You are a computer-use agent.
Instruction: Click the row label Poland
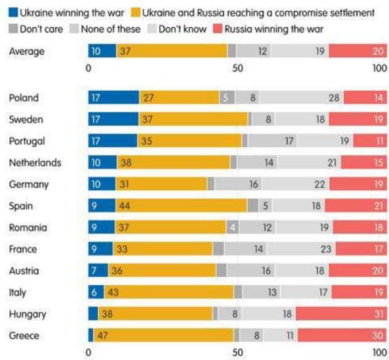[23, 98]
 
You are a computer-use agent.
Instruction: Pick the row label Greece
[24, 336]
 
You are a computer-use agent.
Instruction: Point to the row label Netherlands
[35, 163]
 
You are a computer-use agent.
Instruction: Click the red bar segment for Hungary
[341, 314]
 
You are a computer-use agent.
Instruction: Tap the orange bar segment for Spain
[181, 206]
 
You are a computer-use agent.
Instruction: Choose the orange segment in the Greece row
[163, 335]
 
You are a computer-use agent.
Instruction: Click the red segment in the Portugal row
[370, 141]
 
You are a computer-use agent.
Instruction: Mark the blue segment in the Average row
[102, 52]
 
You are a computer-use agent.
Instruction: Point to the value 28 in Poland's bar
[334, 98]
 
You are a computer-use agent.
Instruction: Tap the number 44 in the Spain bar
[124, 206]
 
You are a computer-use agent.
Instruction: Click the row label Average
[26, 52]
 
